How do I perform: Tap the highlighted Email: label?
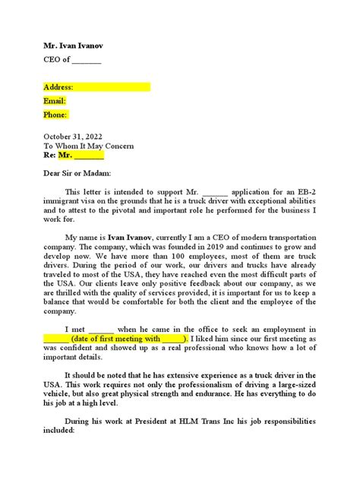[55, 101]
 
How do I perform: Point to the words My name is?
[87, 238]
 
